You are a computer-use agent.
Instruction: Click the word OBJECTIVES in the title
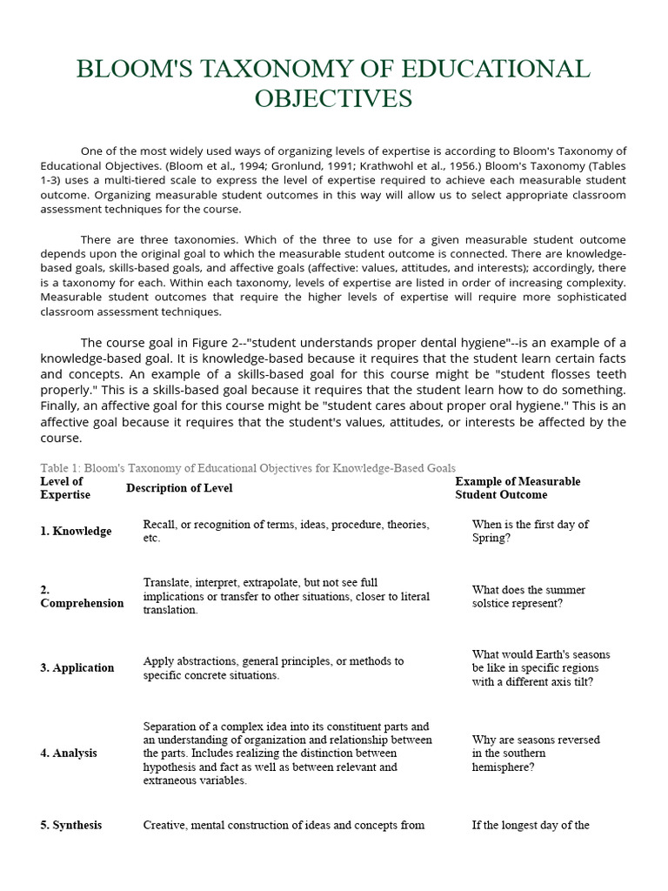coord(333,98)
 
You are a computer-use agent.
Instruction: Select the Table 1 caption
coord(248,468)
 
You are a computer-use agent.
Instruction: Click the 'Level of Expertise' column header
coord(65,488)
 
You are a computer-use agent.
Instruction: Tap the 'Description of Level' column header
coord(179,488)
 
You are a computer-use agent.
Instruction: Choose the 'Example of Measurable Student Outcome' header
coord(518,488)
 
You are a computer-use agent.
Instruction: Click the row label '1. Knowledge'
coord(76,532)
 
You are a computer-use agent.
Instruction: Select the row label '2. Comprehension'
coord(82,597)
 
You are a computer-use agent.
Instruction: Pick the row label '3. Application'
coord(77,668)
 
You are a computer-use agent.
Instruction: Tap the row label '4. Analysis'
coord(69,754)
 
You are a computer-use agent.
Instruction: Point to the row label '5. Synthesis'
coord(71,825)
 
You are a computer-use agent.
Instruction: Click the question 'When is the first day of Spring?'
coord(530,532)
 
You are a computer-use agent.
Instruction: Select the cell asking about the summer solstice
coord(528,597)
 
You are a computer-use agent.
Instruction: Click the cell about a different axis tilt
coord(540,668)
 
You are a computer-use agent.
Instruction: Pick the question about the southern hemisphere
coord(535,754)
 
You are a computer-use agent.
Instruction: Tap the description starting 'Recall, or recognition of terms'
coord(286,532)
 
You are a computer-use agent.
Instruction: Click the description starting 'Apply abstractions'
coord(273,668)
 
